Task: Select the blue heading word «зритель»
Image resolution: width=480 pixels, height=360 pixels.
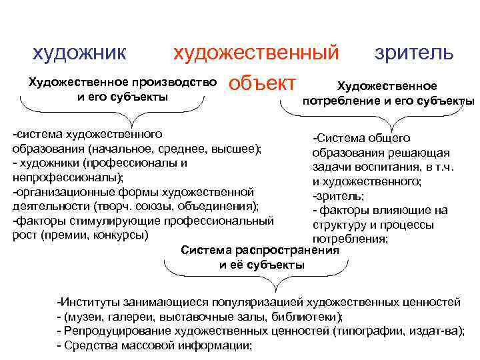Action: point(414,52)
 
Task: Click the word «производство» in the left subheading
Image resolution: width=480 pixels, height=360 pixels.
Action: point(175,83)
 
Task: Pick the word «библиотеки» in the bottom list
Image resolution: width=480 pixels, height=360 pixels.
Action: point(309,317)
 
